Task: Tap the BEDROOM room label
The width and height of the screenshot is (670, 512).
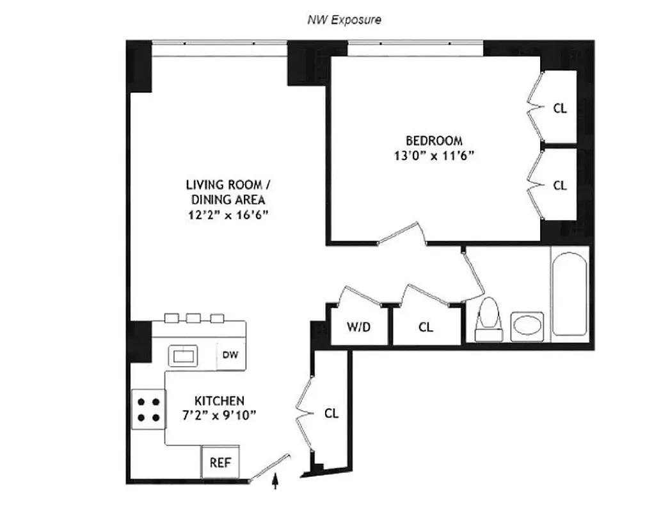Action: coord(434,141)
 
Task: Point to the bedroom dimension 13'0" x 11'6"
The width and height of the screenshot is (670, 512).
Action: coord(434,156)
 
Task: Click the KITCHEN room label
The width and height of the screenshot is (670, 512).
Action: coord(219,401)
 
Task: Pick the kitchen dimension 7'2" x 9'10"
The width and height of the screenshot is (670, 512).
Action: coord(219,415)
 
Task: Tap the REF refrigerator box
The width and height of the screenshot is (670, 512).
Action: coord(220,462)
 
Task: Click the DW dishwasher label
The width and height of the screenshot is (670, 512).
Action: coord(230,356)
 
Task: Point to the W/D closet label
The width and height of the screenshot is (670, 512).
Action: coord(358,327)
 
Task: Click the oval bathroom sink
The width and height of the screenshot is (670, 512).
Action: coord(527,326)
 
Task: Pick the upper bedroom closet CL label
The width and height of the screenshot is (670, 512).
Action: coord(560,108)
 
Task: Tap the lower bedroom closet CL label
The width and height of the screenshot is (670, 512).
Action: coord(560,185)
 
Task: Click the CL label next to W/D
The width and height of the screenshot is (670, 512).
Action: coord(426,327)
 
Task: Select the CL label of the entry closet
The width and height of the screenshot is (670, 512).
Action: coord(331,413)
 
